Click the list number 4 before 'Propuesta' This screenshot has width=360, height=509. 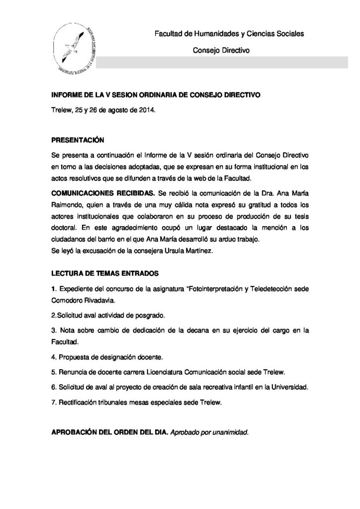pyautogui.click(x=53, y=357)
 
